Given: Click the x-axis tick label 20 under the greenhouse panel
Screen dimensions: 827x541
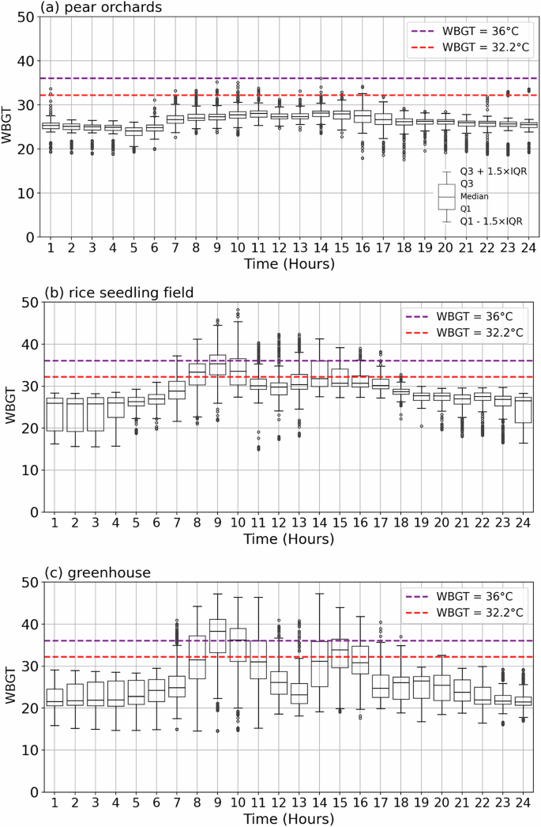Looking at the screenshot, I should tap(443, 804).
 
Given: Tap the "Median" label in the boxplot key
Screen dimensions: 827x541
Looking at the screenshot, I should tap(474, 196).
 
